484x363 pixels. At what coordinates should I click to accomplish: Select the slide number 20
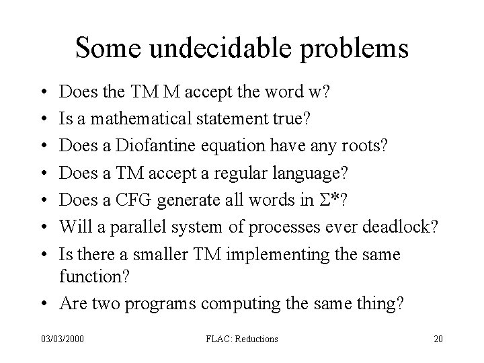[x=439, y=339]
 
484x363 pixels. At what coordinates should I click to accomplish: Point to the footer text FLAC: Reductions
[x=241, y=339]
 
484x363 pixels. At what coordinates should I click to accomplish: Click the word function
[x=92, y=277]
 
